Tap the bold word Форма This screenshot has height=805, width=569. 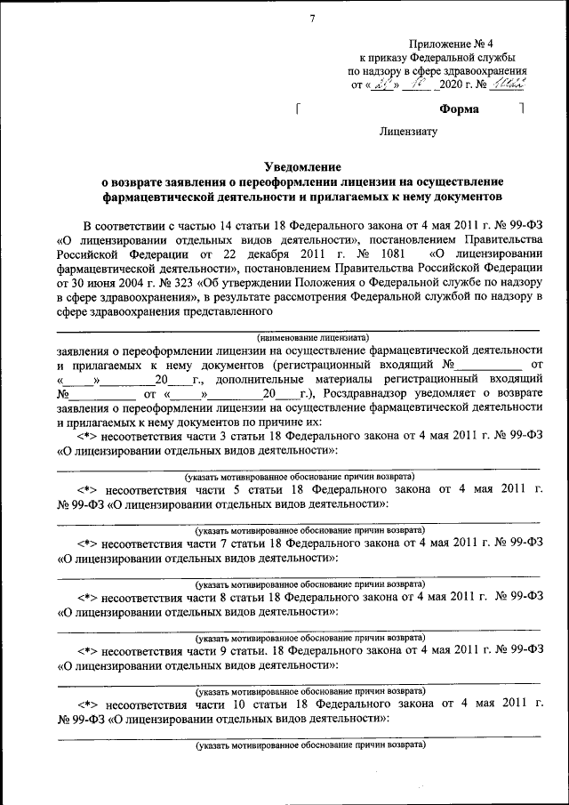[x=459, y=109]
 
